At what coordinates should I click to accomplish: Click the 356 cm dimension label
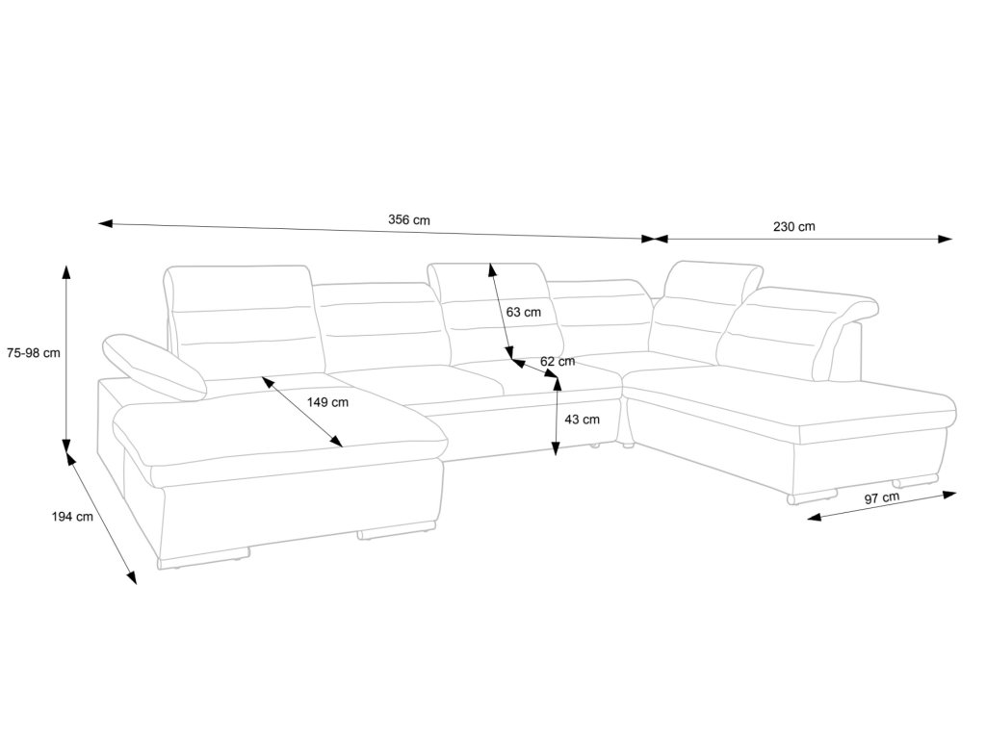(x=409, y=219)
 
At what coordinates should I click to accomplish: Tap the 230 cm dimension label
(x=793, y=227)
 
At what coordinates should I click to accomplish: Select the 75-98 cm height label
(x=32, y=352)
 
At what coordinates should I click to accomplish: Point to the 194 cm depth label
(x=72, y=517)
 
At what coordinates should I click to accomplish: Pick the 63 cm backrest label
(x=523, y=312)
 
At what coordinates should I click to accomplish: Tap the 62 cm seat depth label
(x=558, y=361)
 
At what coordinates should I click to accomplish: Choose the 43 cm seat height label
(x=582, y=419)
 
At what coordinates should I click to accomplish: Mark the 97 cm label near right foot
(x=882, y=497)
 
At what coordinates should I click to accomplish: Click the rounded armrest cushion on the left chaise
(x=154, y=366)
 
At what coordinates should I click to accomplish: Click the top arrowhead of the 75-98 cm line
(x=66, y=270)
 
